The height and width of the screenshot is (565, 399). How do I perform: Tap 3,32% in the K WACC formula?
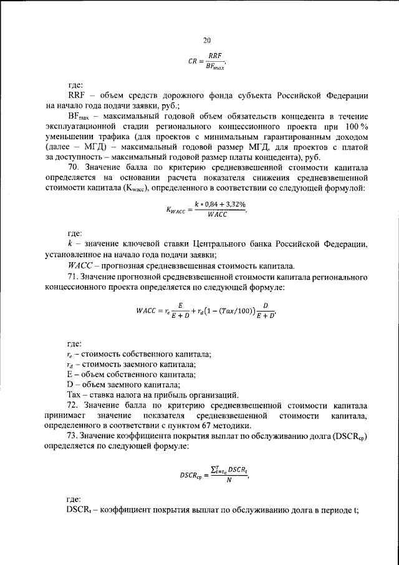click(226, 204)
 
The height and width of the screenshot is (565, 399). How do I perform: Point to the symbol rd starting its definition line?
click(70, 365)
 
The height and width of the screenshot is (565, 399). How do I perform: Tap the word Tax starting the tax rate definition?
click(74, 394)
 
